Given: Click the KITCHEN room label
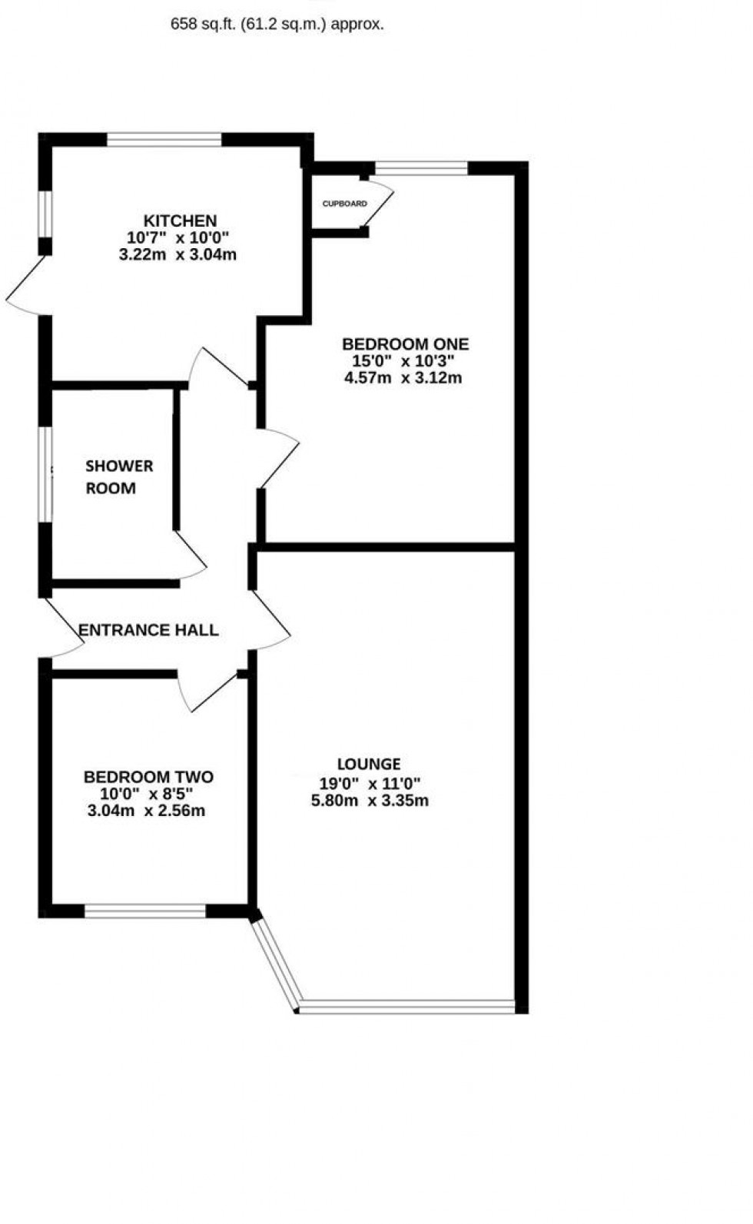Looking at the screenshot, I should tap(180, 221).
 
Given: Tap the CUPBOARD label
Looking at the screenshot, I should tap(344, 204).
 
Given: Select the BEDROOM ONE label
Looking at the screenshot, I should tap(405, 344).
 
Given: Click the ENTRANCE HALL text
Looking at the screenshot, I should tap(149, 631).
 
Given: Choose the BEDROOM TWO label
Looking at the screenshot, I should tap(148, 777).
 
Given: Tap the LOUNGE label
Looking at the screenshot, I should tap(369, 764).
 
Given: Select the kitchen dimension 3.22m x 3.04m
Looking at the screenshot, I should tap(177, 255).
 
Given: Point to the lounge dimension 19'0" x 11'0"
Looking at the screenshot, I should tap(369, 784).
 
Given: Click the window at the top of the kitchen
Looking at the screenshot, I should tap(164, 140).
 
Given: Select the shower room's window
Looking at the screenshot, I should tap(46, 475).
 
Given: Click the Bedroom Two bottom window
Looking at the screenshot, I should tap(145, 911).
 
